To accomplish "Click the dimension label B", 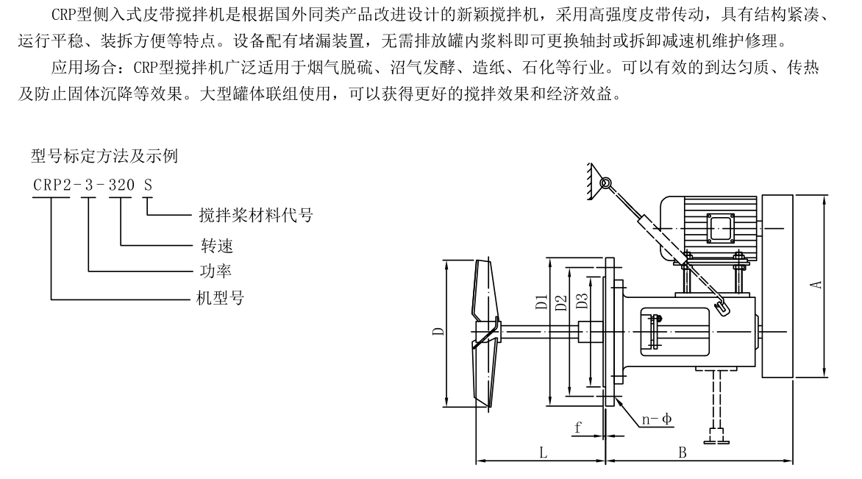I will point(682,453).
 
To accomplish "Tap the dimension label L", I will point(543,453).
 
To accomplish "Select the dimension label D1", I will point(541,302).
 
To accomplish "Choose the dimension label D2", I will point(560,302).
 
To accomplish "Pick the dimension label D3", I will point(581,302).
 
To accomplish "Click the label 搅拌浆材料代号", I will point(256,216).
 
